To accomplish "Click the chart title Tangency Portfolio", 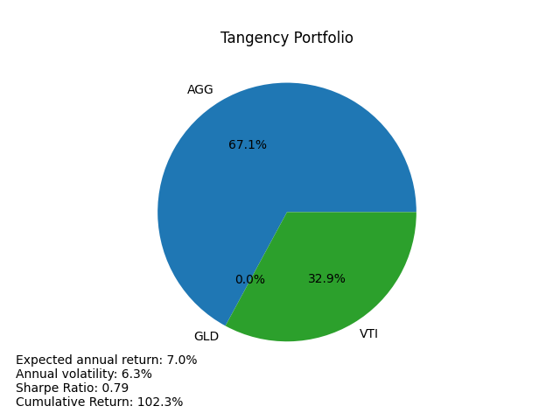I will coord(287,38).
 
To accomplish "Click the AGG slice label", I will coord(200,90).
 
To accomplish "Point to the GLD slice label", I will coord(206,337).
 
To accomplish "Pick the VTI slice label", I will coord(368,334).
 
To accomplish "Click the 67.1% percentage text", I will coord(248,145).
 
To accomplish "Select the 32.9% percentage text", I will coord(326,279).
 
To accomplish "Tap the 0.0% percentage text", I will coord(249,280).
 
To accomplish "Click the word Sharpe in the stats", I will coord(37,388).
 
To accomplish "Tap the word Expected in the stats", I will coord(42,360).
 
